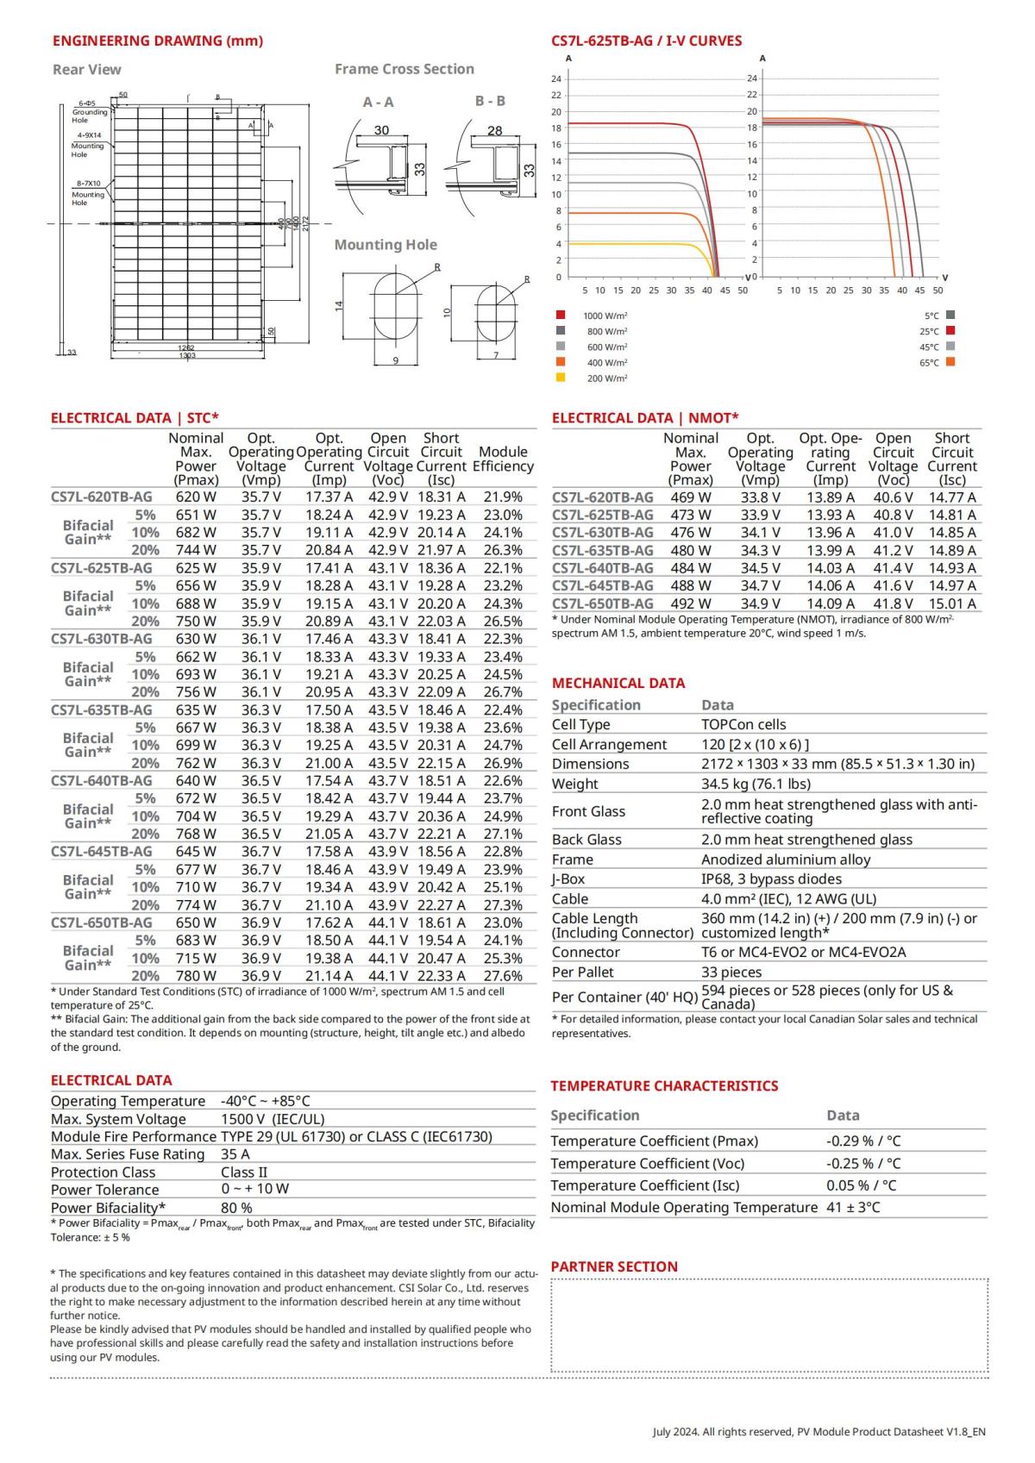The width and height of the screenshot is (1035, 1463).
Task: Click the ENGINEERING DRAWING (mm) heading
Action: click(158, 41)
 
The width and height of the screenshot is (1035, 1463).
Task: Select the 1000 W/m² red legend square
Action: click(561, 316)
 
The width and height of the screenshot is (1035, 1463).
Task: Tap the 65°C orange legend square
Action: click(950, 362)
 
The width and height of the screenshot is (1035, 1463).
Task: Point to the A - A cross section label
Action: click(378, 102)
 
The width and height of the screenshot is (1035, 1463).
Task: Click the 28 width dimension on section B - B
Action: click(494, 131)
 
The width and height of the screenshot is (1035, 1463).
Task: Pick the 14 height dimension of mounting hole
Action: click(340, 304)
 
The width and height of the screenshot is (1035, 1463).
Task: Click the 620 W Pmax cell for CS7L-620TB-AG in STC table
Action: click(196, 497)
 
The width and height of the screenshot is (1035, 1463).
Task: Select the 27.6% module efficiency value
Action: click(503, 976)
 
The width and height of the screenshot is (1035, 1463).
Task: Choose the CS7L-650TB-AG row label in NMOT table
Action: click(603, 603)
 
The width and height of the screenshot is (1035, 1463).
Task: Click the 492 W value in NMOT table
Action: click(691, 603)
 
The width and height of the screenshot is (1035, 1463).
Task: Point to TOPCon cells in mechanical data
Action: click(743, 724)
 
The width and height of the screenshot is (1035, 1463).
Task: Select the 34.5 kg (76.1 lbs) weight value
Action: click(756, 784)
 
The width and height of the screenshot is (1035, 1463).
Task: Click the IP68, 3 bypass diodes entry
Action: click(771, 878)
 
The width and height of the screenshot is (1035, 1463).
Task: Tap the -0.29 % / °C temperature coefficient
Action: click(863, 1141)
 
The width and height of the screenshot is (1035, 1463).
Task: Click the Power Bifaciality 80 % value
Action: click(236, 1208)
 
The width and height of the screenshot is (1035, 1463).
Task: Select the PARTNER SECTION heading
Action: click(614, 1266)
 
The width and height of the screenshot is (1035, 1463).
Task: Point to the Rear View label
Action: click(87, 70)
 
